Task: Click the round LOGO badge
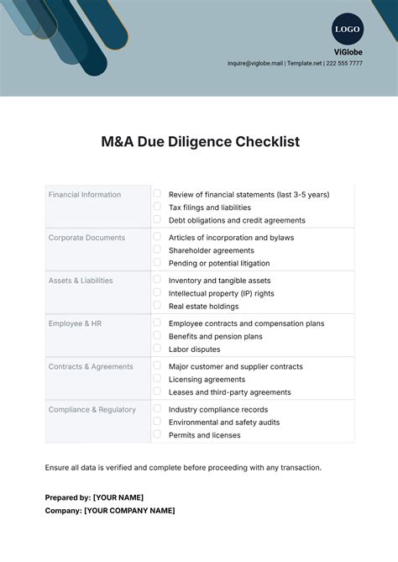[347, 29]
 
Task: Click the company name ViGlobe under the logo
[347, 51]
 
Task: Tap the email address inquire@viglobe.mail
[256, 63]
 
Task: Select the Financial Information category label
[85, 195]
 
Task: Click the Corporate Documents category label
[86, 238]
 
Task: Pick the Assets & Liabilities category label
[81, 281]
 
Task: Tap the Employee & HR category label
[75, 323]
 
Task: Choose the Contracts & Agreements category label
[91, 366]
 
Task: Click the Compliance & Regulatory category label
[92, 410]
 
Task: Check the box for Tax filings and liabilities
[157, 207]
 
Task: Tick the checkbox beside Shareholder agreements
[157, 249]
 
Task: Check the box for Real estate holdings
[157, 306]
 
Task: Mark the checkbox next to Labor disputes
[157, 349]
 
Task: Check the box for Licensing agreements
[157, 379]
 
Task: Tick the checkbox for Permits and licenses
[157, 434]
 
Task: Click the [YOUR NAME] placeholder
[118, 497]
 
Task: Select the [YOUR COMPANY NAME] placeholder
[129, 511]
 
